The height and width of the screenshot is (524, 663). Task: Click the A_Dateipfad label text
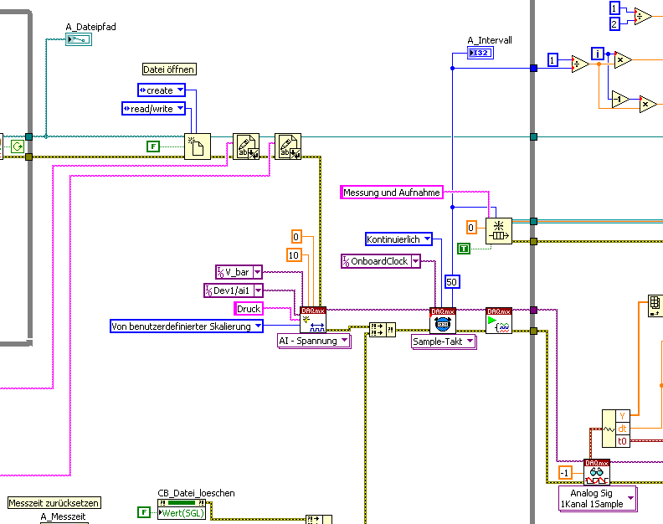(x=90, y=27)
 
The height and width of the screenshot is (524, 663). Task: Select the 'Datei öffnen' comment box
(x=169, y=69)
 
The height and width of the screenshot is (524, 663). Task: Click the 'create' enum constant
(x=161, y=90)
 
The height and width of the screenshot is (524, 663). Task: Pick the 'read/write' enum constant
(x=153, y=108)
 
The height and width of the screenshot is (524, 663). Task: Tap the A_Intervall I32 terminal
(x=481, y=54)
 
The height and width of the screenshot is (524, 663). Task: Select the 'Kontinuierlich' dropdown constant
(x=398, y=239)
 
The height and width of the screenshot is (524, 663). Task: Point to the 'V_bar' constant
(x=239, y=271)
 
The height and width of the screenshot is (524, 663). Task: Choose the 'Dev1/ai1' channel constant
(x=233, y=290)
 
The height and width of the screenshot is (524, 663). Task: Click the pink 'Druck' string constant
(x=249, y=309)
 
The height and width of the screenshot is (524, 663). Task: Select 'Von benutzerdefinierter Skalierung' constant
(x=187, y=326)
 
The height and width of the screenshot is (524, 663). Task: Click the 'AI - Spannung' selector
(x=314, y=341)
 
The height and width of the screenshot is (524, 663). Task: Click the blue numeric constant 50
(x=452, y=281)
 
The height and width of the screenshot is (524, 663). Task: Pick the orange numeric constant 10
(x=294, y=254)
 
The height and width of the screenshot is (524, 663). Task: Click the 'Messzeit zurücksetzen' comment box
(x=54, y=503)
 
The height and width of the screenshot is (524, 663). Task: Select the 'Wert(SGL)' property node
(x=183, y=512)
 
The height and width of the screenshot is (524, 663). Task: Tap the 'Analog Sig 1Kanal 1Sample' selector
(x=597, y=498)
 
